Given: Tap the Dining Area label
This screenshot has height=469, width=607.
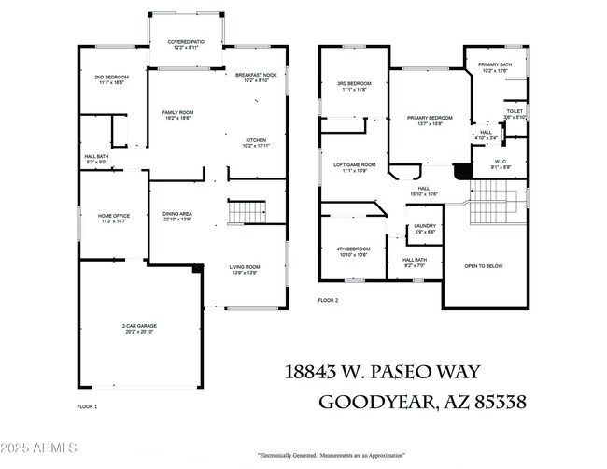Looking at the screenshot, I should [x=177, y=216].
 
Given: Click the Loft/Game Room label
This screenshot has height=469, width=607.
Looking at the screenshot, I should [x=355, y=167].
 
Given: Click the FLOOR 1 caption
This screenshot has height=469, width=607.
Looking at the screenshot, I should [x=87, y=406].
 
